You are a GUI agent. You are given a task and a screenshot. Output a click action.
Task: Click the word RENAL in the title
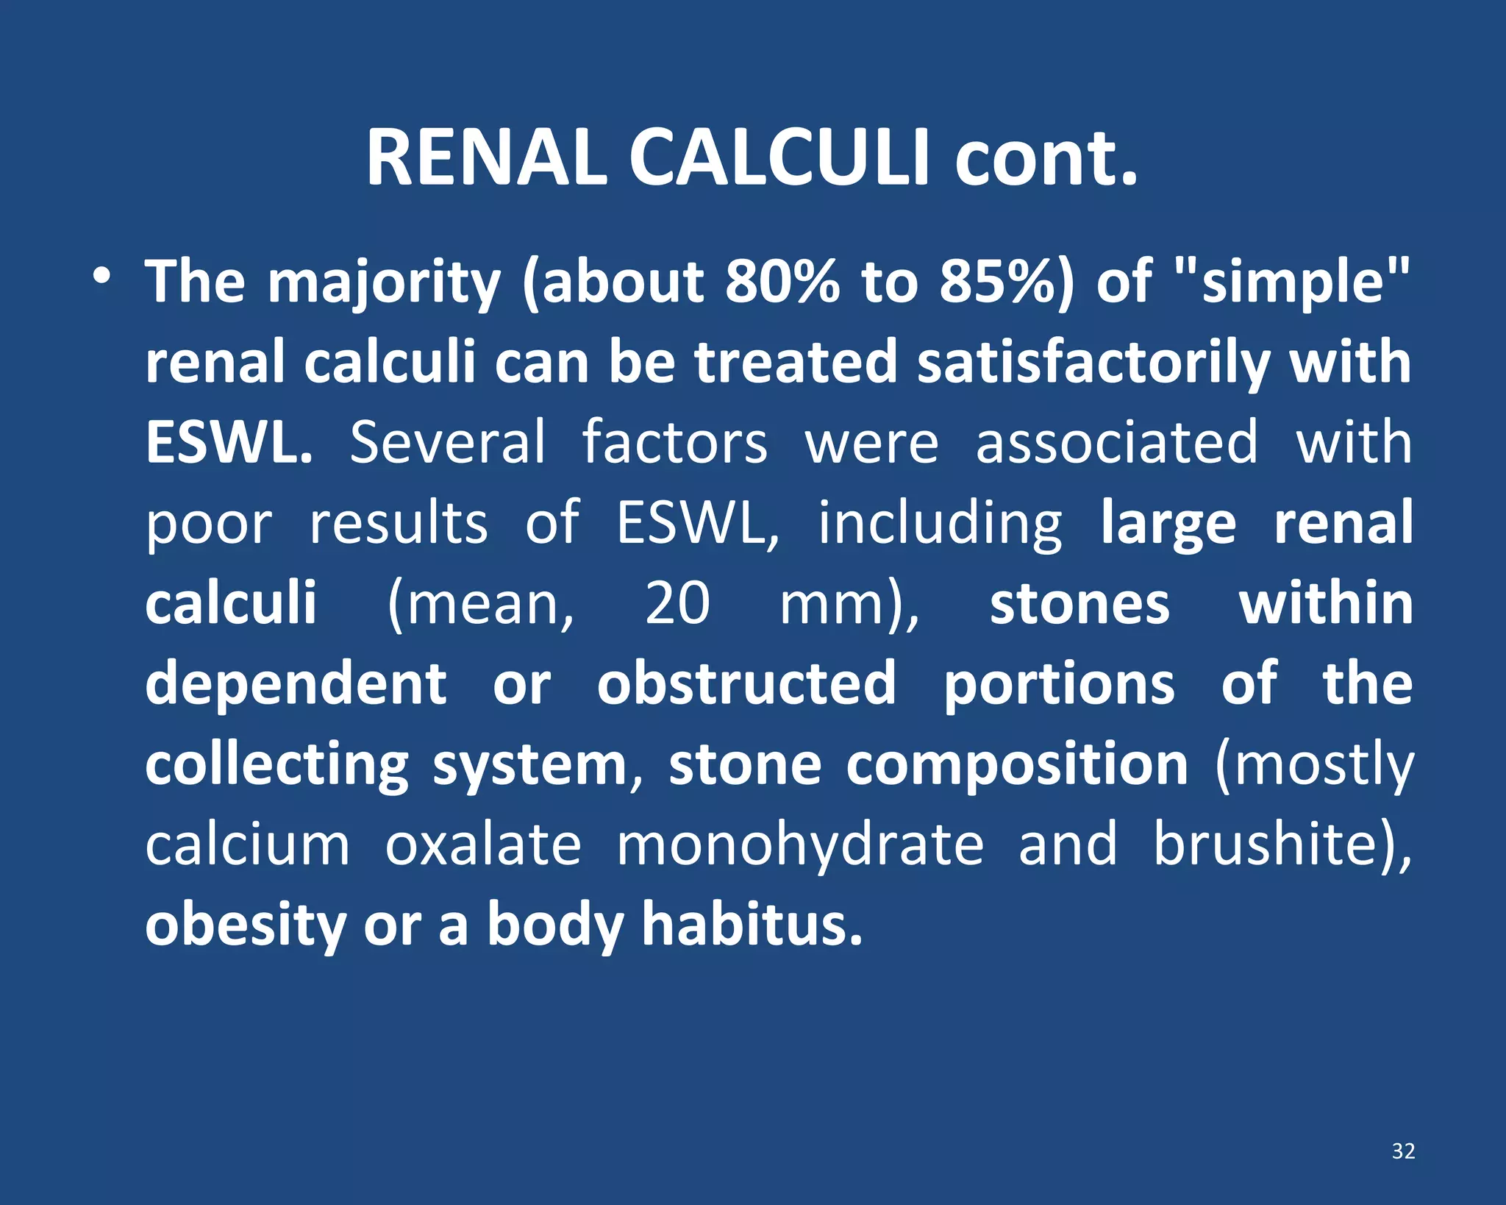(486, 158)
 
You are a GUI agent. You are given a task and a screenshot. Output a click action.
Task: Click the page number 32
(1403, 1151)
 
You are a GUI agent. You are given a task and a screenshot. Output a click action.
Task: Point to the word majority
(384, 283)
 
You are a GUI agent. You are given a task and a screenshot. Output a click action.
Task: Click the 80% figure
(782, 282)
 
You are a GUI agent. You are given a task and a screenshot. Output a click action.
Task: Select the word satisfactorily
(1094, 363)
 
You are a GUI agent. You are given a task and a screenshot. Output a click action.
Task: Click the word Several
(447, 443)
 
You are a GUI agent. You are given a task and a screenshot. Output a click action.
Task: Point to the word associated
(1116, 443)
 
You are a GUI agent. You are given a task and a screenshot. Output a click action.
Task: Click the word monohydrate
(799, 845)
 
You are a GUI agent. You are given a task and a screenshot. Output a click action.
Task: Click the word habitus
(752, 925)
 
